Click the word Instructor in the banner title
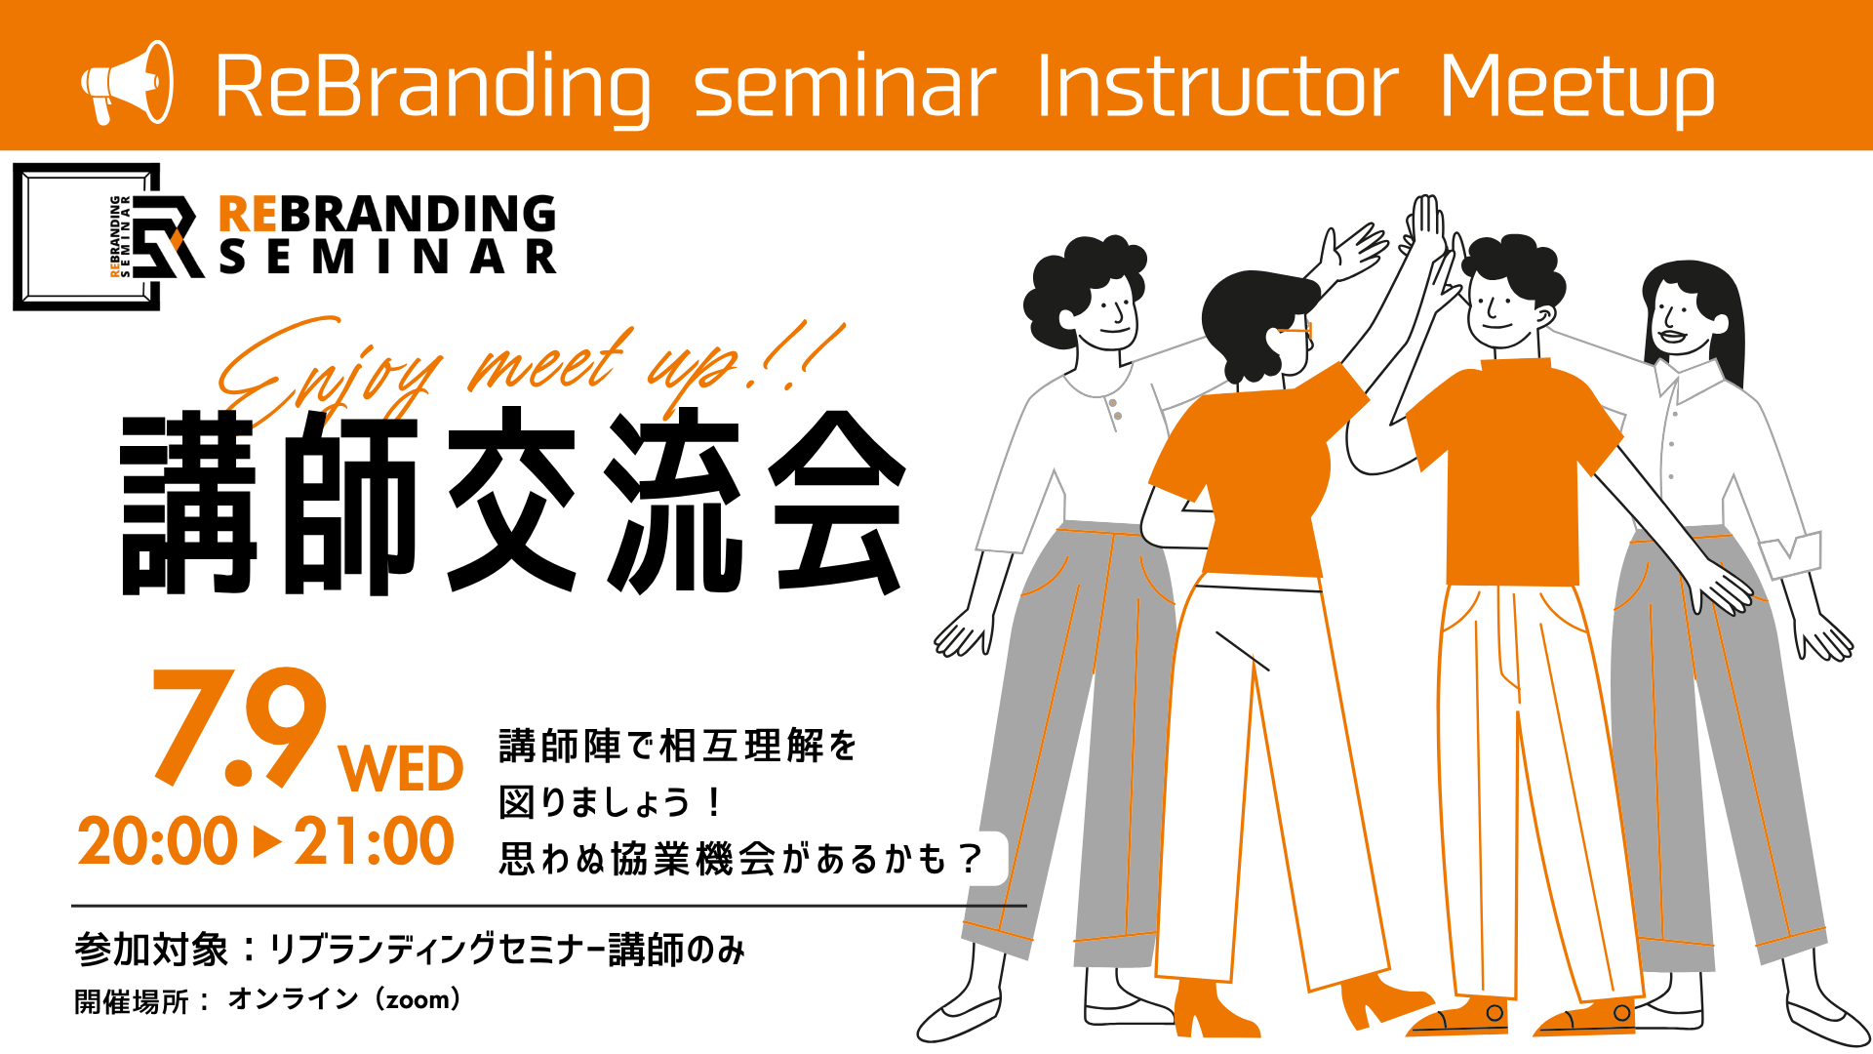coord(1216,87)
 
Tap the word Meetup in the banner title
coord(1576,89)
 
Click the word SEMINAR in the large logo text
coord(387,258)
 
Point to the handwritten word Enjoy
coord(327,371)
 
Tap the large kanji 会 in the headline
coord(838,503)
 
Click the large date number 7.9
coord(240,727)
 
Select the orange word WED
coord(401,770)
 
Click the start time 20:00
coord(158,841)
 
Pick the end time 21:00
coord(374,841)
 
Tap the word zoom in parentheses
coord(418,1000)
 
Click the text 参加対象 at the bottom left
coord(151,950)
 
